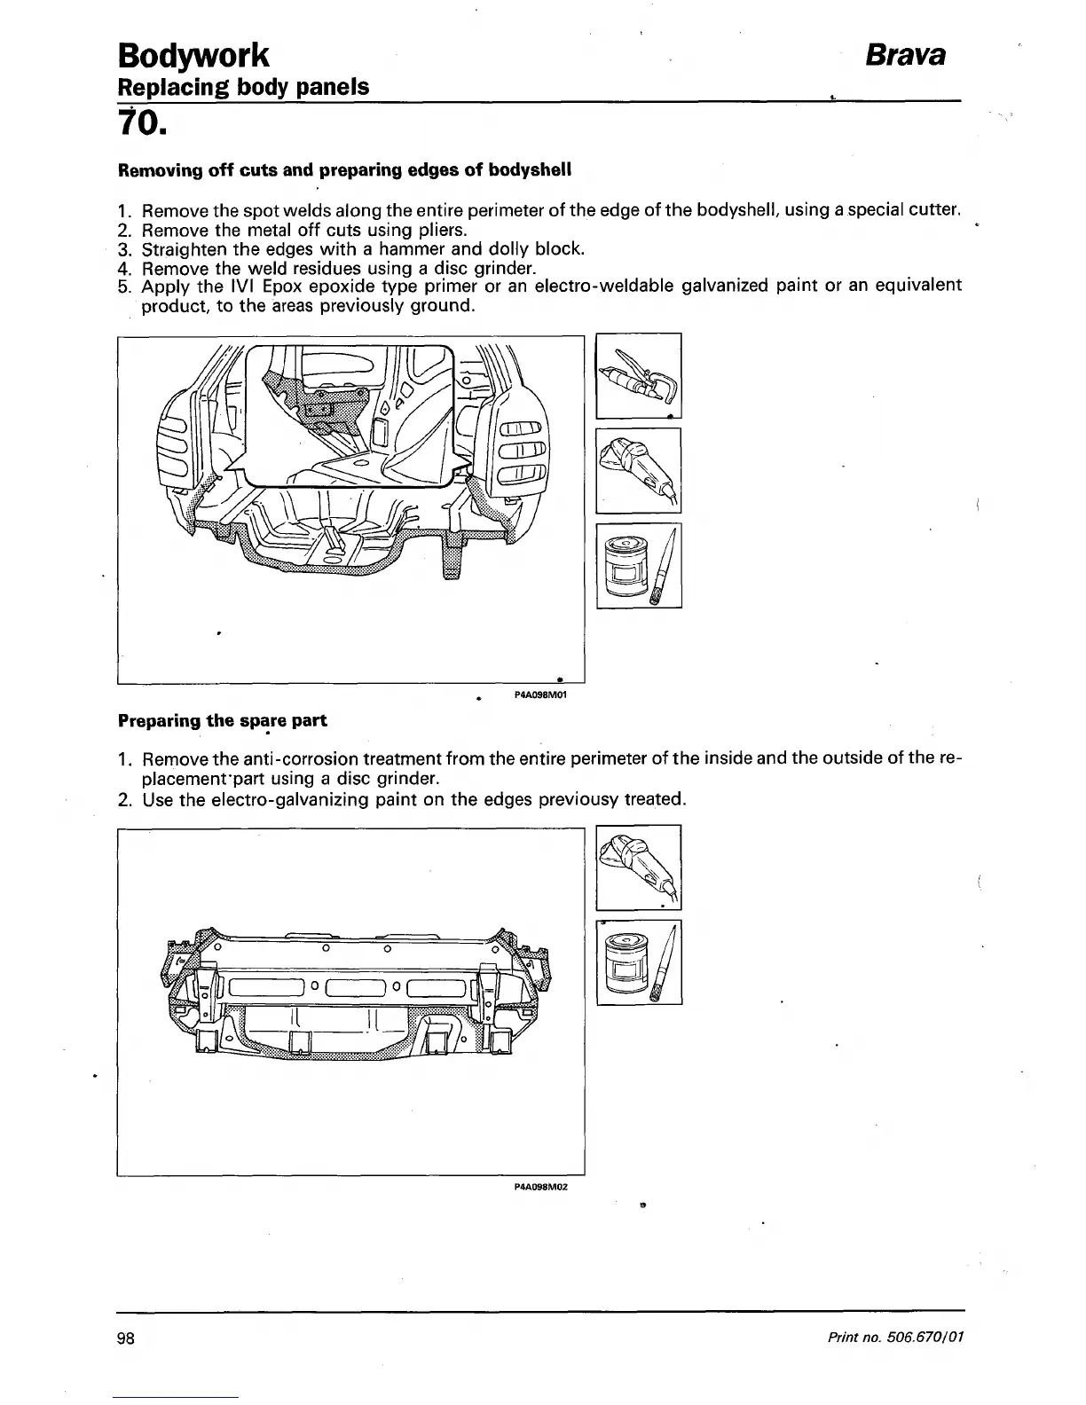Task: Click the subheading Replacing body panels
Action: coord(243,88)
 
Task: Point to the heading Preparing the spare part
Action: coord(223,721)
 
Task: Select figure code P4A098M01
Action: coord(540,695)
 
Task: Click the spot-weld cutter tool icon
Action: coord(638,375)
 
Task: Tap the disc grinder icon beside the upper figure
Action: coord(638,470)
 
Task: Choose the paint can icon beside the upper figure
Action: coord(638,565)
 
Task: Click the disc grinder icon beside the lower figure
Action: coord(638,867)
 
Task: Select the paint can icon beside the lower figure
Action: coord(638,962)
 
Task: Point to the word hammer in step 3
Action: coord(411,249)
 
